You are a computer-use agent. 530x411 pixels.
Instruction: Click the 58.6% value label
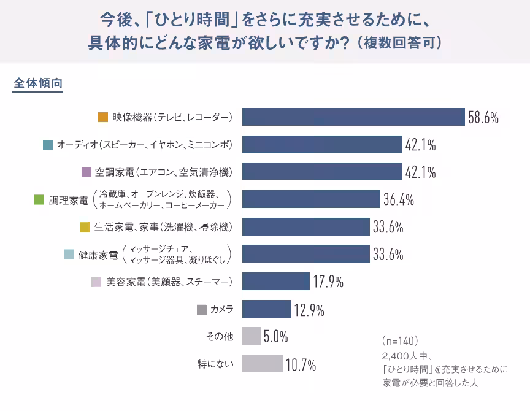click(483, 117)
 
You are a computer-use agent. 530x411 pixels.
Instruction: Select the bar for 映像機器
click(353, 117)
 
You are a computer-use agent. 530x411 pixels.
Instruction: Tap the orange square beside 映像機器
click(103, 117)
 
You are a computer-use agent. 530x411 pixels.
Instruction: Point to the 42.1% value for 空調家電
click(420, 172)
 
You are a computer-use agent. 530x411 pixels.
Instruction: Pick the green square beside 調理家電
click(39, 199)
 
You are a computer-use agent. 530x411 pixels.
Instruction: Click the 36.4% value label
click(399, 199)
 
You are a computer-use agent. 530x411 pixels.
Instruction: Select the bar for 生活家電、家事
click(306, 227)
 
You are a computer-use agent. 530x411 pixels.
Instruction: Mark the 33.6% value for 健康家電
click(388, 254)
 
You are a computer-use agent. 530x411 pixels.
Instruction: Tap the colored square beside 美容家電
click(96, 282)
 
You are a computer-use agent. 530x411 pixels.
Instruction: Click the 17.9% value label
click(328, 282)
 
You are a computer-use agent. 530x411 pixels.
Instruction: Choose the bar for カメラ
click(266, 309)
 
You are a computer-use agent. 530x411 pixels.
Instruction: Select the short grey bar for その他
click(252, 336)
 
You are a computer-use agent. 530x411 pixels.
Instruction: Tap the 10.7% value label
click(301, 365)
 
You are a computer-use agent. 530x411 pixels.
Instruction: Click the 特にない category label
click(215, 364)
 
